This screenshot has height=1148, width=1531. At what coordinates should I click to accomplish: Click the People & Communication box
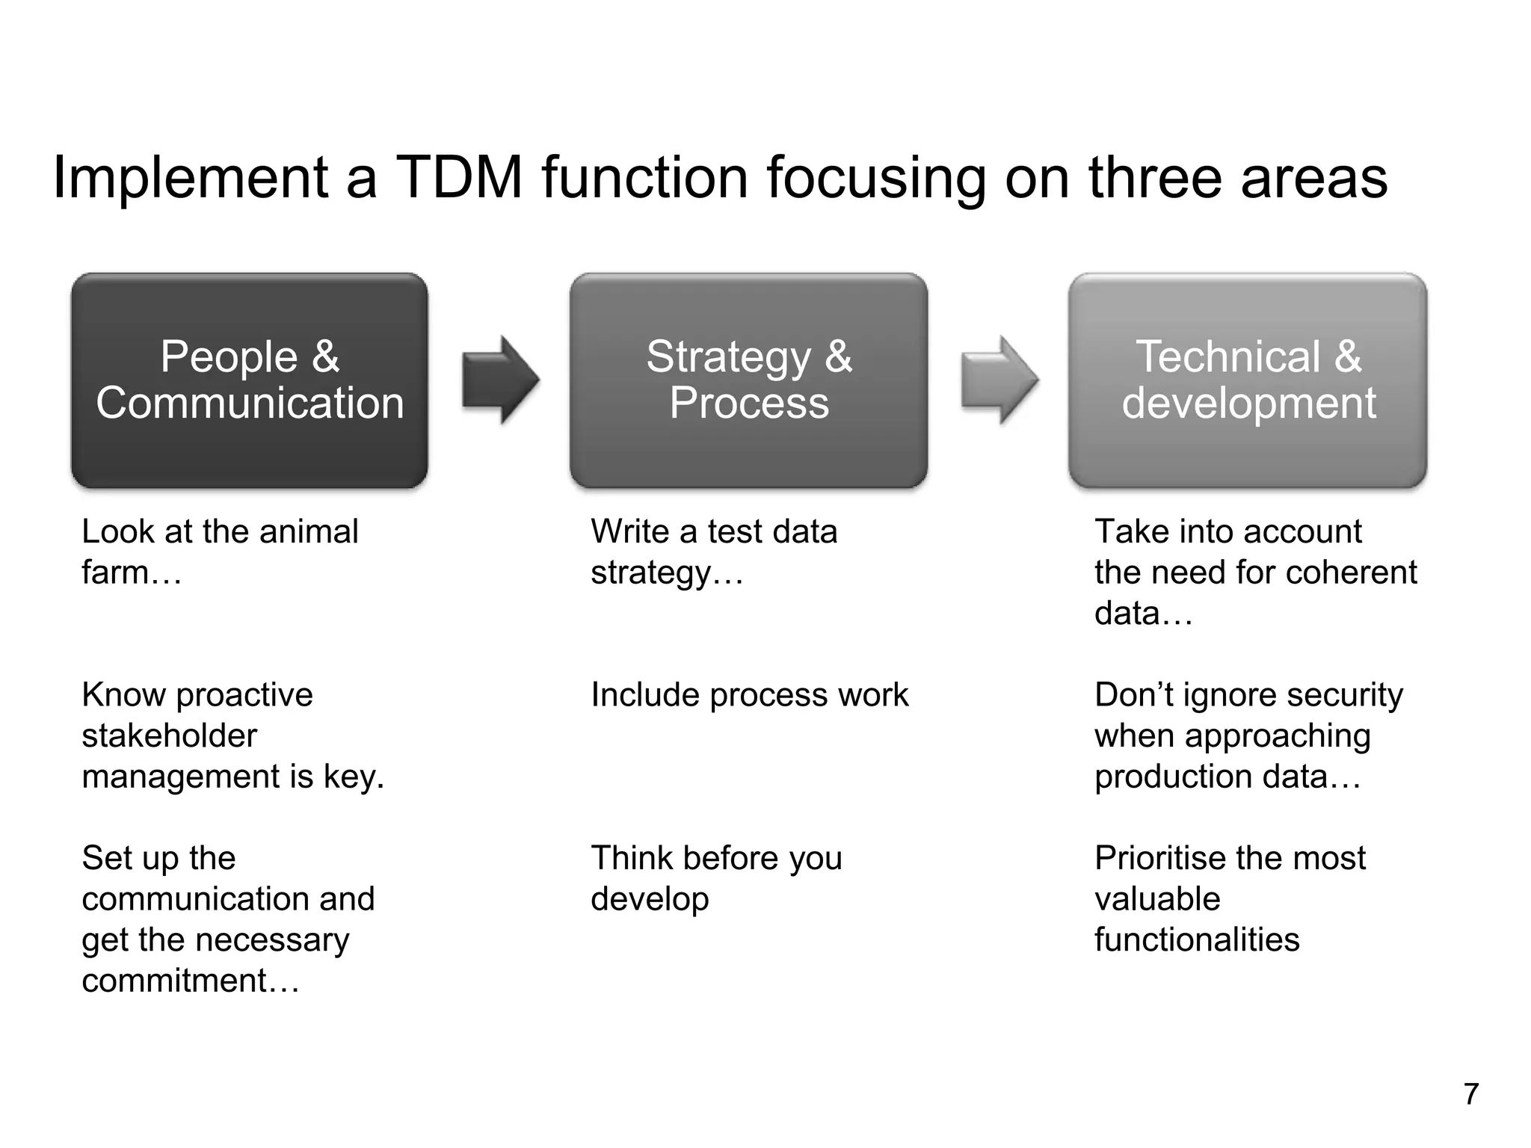250,380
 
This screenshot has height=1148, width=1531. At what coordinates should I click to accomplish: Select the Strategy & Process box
748,380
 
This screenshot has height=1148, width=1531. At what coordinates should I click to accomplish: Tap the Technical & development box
1248,380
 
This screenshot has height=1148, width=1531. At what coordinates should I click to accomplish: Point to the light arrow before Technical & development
999,380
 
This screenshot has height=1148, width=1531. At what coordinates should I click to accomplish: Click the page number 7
1470,1094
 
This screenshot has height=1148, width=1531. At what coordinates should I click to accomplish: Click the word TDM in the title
458,178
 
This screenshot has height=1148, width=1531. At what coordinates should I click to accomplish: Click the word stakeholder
169,736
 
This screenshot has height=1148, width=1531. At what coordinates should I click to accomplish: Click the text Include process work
749,695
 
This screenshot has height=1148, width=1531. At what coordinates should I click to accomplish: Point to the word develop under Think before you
650,900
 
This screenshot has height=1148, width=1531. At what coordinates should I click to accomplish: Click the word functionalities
1197,940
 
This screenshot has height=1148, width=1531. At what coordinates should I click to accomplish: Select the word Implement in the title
191,178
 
